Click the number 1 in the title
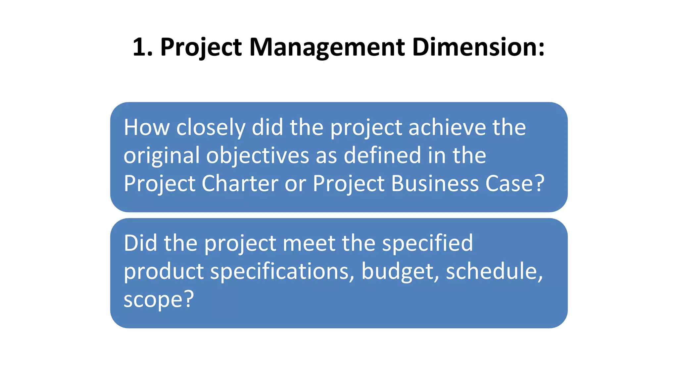tap(139, 47)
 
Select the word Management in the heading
tap(327, 47)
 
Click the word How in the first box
tap(146, 127)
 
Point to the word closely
tap(211, 128)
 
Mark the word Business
tap(435, 183)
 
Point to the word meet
tap(309, 243)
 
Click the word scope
tap(153, 300)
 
